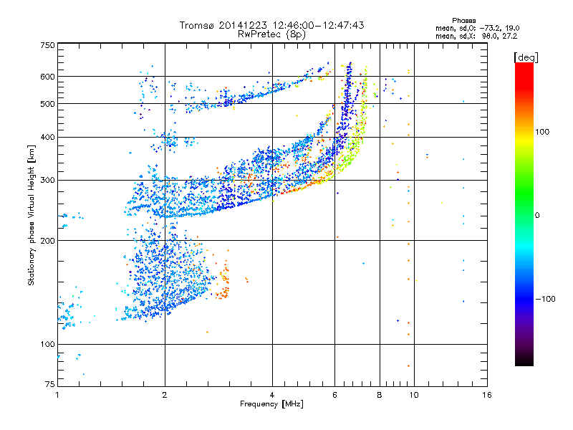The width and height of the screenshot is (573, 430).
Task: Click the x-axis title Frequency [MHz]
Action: (x=271, y=404)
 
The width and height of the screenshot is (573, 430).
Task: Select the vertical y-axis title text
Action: (x=32, y=216)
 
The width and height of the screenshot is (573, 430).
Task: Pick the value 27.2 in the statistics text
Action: (x=509, y=34)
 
